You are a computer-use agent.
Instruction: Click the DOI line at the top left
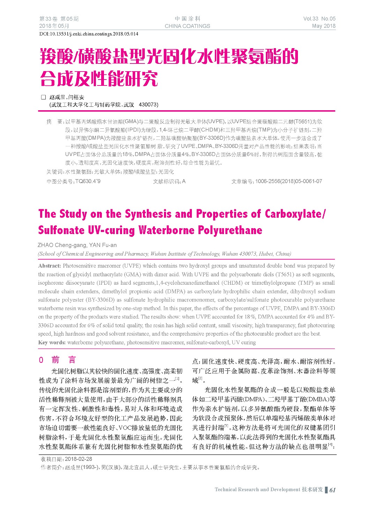click(x=89, y=34)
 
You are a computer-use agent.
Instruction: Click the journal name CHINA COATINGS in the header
click(x=187, y=26)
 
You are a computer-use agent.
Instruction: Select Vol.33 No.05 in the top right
click(x=319, y=19)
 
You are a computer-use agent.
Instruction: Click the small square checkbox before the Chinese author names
click(x=44, y=97)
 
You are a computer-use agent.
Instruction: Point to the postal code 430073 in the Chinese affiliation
click(x=148, y=104)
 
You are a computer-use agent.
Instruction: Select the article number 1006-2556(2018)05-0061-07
click(x=288, y=181)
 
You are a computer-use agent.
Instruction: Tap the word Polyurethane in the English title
click(x=230, y=230)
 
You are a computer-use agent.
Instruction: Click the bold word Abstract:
click(x=50, y=266)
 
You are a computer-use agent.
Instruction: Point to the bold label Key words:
click(x=52, y=342)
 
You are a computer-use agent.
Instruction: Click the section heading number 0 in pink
click(x=41, y=360)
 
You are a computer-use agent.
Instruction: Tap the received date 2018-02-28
click(x=78, y=459)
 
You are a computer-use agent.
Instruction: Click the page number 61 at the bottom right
click(x=332, y=490)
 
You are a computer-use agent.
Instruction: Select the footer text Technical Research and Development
click(x=257, y=490)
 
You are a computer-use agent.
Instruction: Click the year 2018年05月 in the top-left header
click(x=54, y=26)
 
